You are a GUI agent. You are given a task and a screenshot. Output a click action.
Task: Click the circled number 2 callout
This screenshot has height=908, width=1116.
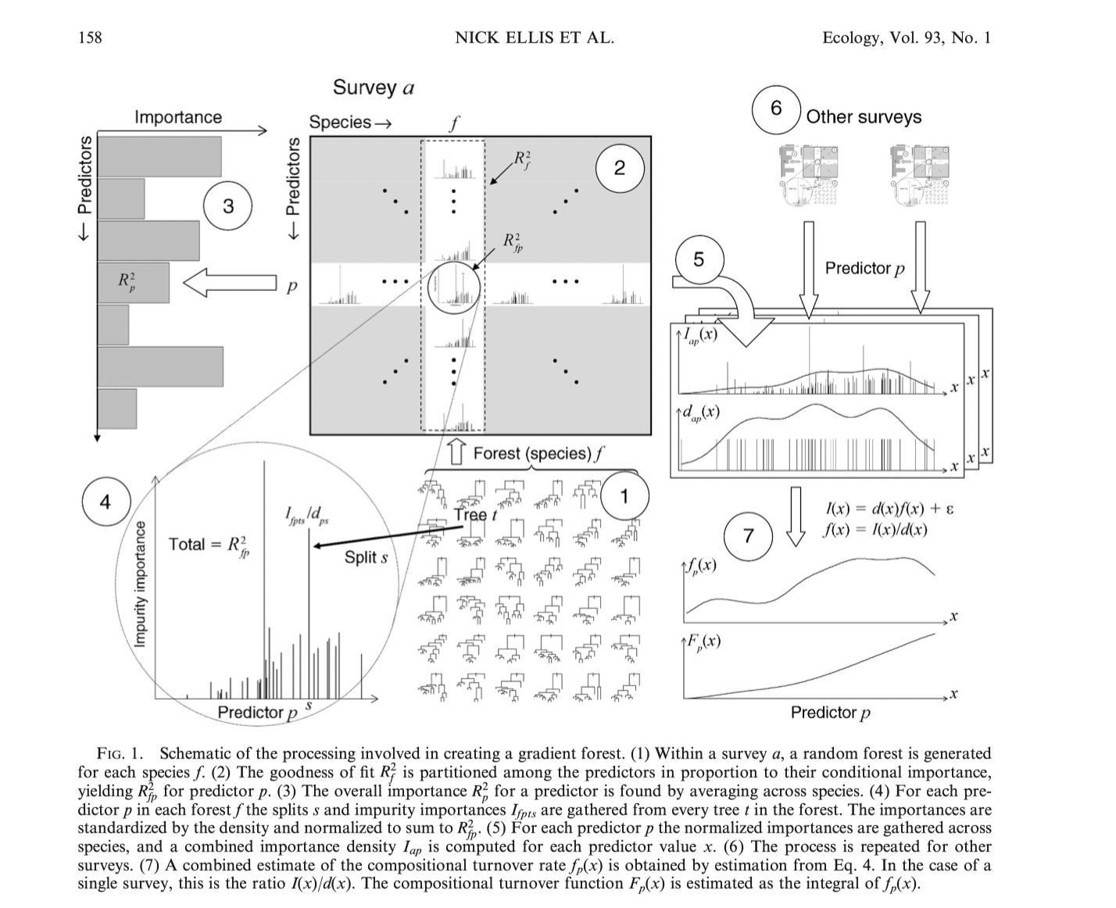(x=619, y=168)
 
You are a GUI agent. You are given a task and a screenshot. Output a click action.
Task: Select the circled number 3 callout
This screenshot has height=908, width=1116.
(x=227, y=206)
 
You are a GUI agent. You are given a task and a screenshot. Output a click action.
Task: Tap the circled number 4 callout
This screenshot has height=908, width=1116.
(x=106, y=502)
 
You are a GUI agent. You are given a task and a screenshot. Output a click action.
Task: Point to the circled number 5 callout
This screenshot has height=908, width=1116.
(x=698, y=259)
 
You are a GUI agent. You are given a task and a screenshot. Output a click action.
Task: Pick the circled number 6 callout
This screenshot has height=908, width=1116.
(x=775, y=109)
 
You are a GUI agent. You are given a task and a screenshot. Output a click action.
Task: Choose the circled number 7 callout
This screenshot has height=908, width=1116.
(x=749, y=535)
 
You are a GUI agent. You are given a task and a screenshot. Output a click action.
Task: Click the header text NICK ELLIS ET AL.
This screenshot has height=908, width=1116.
(x=535, y=38)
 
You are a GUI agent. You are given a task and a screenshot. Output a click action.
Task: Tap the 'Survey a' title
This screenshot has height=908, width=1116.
(x=373, y=87)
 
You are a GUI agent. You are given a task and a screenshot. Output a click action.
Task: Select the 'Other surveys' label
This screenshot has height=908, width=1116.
(x=864, y=117)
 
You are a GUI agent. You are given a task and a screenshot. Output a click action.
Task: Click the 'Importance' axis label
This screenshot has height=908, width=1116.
(x=178, y=117)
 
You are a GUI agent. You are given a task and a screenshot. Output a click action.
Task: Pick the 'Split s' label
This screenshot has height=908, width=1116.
(x=366, y=558)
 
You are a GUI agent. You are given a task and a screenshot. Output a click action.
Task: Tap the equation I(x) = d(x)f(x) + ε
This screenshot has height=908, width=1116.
(x=889, y=509)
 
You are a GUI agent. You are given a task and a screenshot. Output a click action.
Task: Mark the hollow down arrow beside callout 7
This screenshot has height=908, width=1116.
(x=795, y=517)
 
